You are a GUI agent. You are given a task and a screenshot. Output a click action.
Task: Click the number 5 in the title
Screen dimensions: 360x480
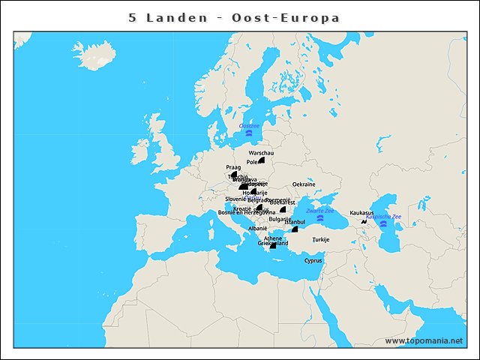(x=133, y=17)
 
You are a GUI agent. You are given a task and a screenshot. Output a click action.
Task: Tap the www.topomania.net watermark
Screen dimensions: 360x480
(x=424, y=340)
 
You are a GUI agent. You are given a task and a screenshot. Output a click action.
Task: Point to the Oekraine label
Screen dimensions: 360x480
(x=303, y=184)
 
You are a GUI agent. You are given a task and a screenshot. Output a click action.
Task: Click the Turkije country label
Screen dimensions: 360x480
(x=321, y=239)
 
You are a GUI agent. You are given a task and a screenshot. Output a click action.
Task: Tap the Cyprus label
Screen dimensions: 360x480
(x=313, y=261)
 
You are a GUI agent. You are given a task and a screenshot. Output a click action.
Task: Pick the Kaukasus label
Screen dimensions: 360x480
(x=361, y=212)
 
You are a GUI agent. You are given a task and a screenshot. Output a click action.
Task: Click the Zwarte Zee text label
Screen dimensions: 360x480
(x=320, y=211)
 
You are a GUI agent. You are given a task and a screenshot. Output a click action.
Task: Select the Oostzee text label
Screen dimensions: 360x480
(x=249, y=126)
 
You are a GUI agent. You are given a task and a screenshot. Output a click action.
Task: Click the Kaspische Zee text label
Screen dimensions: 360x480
(x=382, y=217)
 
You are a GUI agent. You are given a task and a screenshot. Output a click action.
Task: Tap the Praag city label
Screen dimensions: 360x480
(x=232, y=167)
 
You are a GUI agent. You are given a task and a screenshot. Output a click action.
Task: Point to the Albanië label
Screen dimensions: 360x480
(x=257, y=227)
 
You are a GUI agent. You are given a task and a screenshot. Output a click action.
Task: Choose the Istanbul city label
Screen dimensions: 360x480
(x=295, y=222)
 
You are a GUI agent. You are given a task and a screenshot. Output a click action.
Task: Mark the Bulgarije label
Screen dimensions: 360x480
(x=280, y=219)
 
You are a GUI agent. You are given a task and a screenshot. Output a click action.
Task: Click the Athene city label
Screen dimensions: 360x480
(x=273, y=238)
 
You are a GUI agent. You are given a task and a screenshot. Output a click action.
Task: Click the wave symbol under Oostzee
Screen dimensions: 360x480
(x=249, y=133)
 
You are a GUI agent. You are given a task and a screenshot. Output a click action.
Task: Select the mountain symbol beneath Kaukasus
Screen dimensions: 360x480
(x=364, y=221)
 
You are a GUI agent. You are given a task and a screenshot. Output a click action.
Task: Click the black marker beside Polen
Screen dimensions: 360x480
(x=262, y=160)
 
